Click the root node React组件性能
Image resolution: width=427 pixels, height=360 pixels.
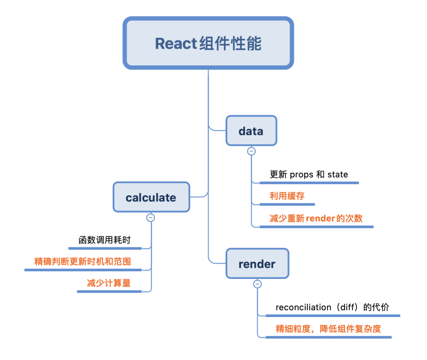(208, 43)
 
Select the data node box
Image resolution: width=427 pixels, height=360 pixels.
(251, 131)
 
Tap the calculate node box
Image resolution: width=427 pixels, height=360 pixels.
(151, 197)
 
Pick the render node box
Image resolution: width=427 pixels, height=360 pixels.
(257, 263)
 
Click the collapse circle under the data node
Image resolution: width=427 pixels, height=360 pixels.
(251, 151)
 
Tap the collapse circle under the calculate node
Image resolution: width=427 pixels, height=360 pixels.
(150, 217)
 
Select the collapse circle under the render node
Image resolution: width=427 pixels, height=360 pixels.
(257, 284)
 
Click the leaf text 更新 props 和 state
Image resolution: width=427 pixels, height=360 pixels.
(309, 174)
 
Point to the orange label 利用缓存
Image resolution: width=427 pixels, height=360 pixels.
(287, 196)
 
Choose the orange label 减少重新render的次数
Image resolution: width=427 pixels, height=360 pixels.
(316, 218)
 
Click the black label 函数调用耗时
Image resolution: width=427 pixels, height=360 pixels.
(105, 240)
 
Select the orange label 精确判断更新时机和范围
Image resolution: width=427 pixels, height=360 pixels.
(83, 261)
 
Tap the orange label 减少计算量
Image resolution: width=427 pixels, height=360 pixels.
(109, 283)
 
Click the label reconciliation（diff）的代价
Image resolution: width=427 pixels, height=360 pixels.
(332, 307)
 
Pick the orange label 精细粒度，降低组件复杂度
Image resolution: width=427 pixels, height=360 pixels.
(328, 329)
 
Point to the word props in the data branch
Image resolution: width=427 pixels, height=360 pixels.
(302, 175)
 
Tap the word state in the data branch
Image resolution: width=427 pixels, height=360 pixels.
(338, 175)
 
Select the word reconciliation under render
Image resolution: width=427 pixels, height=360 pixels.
(303, 307)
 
